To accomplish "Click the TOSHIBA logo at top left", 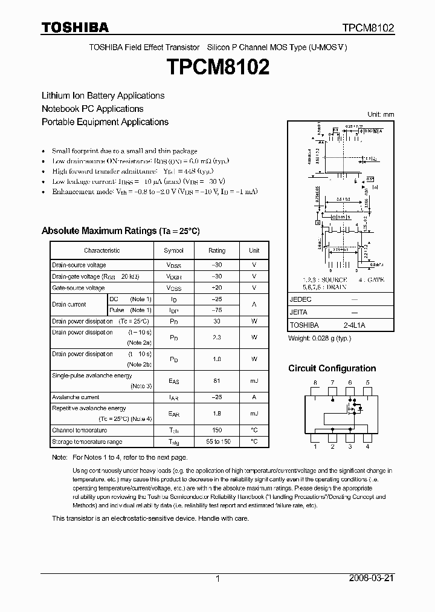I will coord(75,27).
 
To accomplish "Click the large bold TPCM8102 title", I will coord(217,67).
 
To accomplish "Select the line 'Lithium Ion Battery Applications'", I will coord(103,96).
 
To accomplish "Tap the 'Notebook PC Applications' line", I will coord(92,109).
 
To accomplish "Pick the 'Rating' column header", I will coord(217,250).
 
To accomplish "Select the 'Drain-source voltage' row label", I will coord(79,265).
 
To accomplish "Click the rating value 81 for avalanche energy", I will coord(217,380).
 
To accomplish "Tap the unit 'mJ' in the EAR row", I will coord(254,413).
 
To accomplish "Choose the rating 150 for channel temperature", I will coord(217,431).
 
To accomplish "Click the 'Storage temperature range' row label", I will coord(87,442).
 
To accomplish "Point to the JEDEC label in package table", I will coord(301,300).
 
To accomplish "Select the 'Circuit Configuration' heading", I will coord(332,368).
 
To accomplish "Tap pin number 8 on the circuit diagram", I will coord(315,383).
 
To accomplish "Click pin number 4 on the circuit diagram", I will coord(367,447).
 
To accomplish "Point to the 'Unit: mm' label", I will coord(381,114).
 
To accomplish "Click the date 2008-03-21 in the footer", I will coord(372,578).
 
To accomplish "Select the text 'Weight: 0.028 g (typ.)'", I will coord(320,339).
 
